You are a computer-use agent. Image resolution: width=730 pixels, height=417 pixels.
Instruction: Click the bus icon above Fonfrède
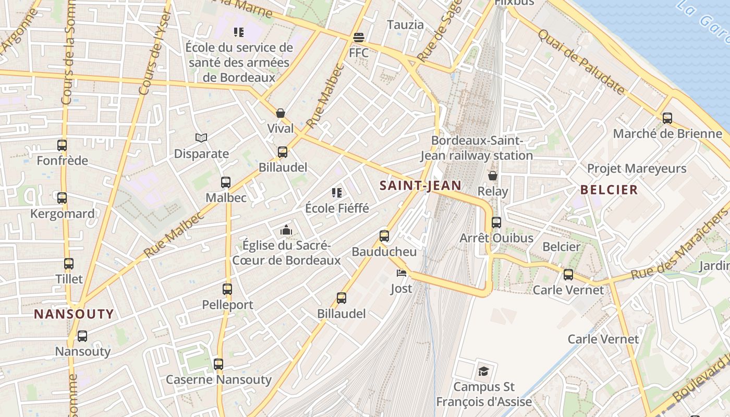coord(62,145)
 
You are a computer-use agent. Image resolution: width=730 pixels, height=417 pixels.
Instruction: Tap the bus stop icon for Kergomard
coord(62,198)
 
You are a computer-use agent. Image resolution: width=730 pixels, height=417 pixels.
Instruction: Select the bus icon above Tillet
coord(69,264)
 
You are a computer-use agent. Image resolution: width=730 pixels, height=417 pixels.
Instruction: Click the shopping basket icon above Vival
coord(281,113)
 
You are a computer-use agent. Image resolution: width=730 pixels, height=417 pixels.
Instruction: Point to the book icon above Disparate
coord(201,138)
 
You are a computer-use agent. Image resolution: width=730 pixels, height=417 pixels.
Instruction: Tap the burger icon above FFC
coord(358,38)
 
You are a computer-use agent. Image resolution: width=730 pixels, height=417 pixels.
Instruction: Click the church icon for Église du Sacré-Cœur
coord(286,230)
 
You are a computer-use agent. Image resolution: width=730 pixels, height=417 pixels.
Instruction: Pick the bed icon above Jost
coord(401,273)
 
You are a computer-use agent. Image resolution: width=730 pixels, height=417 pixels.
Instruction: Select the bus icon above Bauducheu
coord(384,236)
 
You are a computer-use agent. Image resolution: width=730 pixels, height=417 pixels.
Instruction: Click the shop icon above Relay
coord(492,176)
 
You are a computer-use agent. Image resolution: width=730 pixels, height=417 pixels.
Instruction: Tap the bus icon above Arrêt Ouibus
coord(496,223)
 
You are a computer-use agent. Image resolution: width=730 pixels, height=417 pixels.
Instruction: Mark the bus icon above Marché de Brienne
coord(667,118)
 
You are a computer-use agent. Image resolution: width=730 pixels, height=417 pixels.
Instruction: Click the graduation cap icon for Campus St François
coord(483,371)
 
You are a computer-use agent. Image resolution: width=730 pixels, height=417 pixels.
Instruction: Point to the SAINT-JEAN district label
coord(420,186)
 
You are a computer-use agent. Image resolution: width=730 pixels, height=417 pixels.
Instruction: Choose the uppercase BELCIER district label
coord(609,190)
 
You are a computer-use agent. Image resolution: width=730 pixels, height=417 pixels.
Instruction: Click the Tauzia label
coord(405,24)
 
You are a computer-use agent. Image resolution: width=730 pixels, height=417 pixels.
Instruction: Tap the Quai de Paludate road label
coord(581,62)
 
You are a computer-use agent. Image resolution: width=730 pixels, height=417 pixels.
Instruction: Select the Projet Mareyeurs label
coord(637,169)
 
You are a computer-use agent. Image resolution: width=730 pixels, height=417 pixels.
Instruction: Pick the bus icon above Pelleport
coord(227,289)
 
